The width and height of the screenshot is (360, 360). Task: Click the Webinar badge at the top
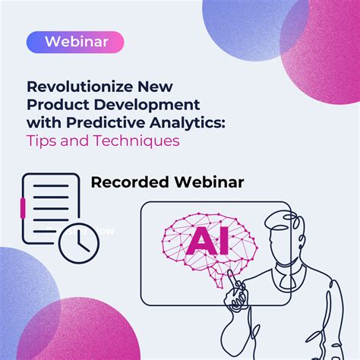[x=74, y=42]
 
